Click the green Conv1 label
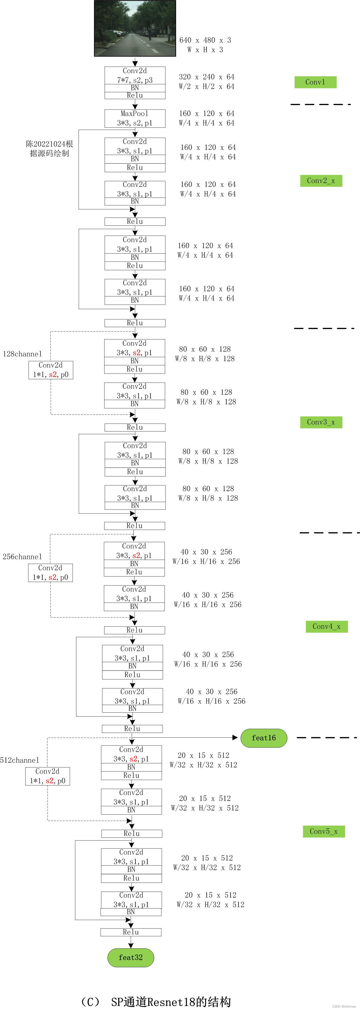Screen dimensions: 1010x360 point(315,82)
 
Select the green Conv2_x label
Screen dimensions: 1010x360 point(321,181)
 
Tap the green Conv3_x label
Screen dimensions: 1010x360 point(321,422)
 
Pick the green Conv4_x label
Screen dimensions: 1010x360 point(326,627)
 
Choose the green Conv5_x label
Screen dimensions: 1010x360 point(323,831)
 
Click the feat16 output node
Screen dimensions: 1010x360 point(264,738)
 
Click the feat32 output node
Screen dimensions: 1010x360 point(131,958)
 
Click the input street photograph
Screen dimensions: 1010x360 point(135,28)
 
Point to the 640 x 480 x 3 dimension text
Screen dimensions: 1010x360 point(205,40)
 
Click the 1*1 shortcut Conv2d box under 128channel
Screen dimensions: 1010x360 point(50,370)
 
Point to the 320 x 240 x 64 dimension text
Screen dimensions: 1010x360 point(206,77)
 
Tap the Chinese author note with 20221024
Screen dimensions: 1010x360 point(49,149)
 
